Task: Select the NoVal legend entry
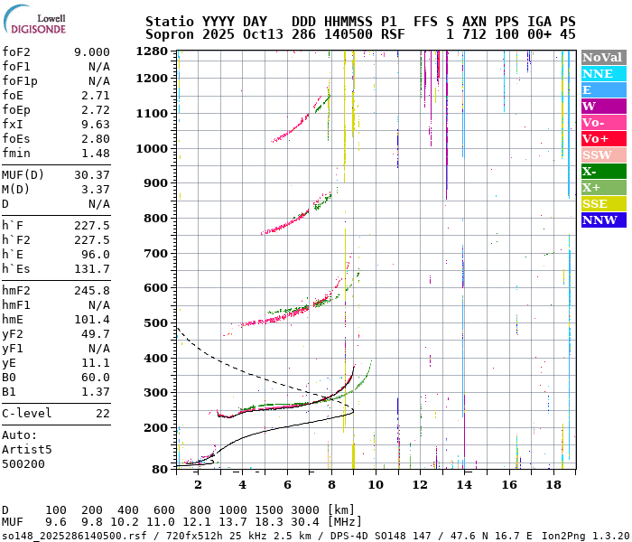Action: click(x=602, y=57)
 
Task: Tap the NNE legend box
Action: click(x=602, y=73)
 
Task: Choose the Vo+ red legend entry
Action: click(x=602, y=138)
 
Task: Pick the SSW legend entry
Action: click(x=602, y=154)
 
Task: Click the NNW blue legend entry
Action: click(x=602, y=220)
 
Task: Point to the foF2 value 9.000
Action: click(x=91, y=52)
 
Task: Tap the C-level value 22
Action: click(x=102, y=413)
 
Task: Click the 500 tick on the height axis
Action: click(x=156, y=322)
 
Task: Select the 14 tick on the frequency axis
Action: click(x=464, y=484)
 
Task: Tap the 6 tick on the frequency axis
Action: click(x=287, y=484)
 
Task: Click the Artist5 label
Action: click(x=26, y=449)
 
